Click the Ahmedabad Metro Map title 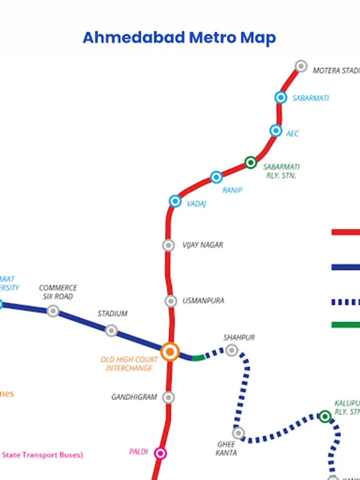point(179,38)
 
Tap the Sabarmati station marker point(281,98)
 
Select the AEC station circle point(276,131)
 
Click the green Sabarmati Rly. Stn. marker point(251,162)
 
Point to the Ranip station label point(232,190)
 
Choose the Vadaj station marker point(175,201)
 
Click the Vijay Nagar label point(203,245)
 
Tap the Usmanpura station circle point(171,301)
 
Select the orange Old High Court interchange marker point(170,351)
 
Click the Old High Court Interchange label point(129,364)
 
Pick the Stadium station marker point(111,331)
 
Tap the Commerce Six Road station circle point(53,311)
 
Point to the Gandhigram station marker point(169,397)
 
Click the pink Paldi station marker point(160,453)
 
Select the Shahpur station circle point(231,350)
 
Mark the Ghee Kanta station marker point(238,433)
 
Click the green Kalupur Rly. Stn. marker point(325,416)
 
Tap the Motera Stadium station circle point(301,66)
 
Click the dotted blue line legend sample point(346,302)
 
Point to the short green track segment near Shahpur point(198,358)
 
